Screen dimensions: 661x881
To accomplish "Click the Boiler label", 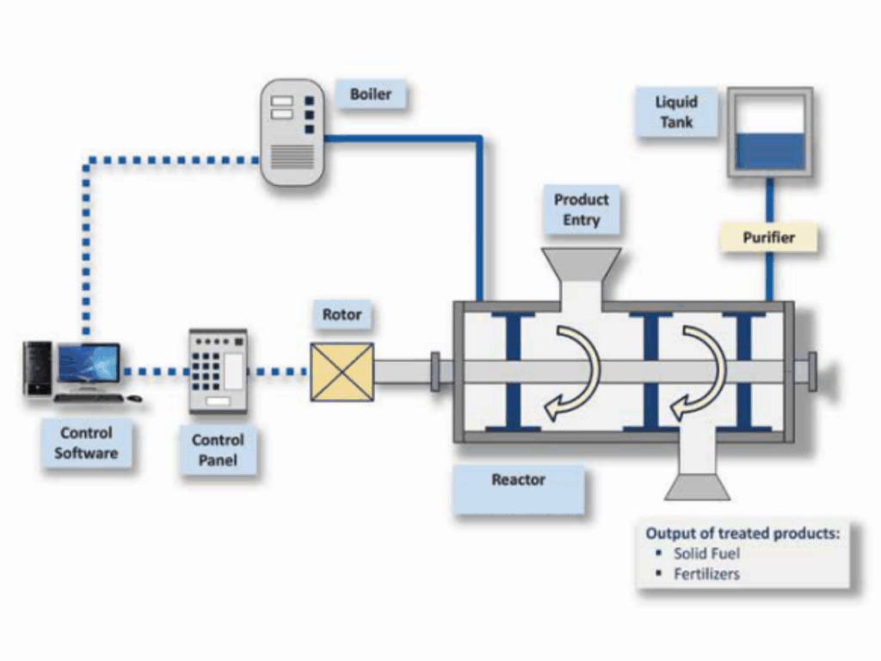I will [x=371, y=94].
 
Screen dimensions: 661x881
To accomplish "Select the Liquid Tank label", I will [x=677, y=112].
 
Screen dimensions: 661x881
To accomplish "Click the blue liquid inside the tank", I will [x=770, y=151].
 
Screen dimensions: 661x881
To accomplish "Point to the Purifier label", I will [x=768, y=238].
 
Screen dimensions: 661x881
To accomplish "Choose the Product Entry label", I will [x=581, y=209].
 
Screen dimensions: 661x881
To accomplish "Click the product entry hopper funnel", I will [x=581, y=267].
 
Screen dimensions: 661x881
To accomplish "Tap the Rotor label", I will [x=342, y=314].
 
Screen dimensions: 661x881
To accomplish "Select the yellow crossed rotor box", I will [x=342, y=372].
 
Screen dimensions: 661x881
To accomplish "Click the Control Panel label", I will [x=218, y=449].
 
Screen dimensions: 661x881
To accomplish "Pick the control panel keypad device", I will [x=218, y=371].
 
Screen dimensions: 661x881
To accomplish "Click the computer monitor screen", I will [x=89, y=362].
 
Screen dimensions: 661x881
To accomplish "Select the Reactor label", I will [x=518, y=479].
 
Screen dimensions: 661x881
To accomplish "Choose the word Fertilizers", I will [x=706, y=574].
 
